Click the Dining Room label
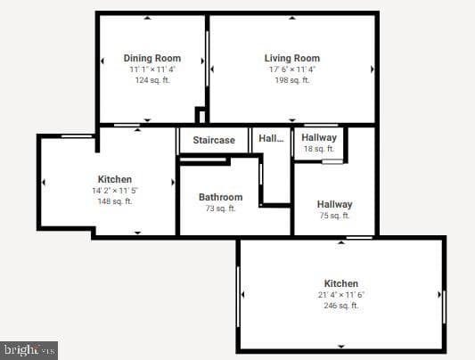tap(152, 58)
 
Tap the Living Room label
tap(292, 58)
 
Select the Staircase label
tap(214, 140)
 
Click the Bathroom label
tap(220, 197)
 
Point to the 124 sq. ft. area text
tap(152, 80)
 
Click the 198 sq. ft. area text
tap(292, 80)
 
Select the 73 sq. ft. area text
tap(220, 209)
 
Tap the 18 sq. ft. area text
tap(319, 149)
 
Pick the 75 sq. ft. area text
tap(334, 216)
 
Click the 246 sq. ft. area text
tap(341, 306)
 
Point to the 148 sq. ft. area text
tap(115, 201)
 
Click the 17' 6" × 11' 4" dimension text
tap(292, 70)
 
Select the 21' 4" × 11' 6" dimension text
tap(341, 295)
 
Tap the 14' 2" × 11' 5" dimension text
tap(115, 191)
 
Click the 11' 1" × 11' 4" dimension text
tap(152, 70)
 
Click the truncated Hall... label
tap(271, 139)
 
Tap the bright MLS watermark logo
tap(29, 350)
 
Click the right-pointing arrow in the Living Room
tap(373, 70)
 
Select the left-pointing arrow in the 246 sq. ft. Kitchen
tap(243, 294)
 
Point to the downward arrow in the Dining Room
tap(147, 120)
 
